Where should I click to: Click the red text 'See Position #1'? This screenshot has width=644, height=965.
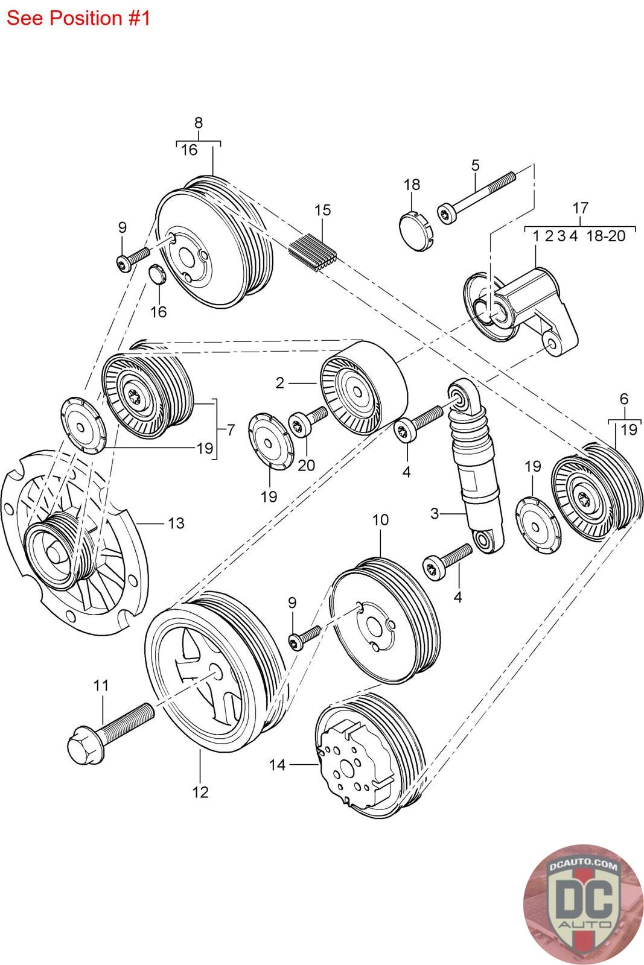coord(78,18)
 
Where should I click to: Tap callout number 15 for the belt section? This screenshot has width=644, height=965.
coord(323,210)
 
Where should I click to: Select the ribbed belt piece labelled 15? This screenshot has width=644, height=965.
coord(314,253)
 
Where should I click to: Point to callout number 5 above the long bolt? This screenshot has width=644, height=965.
coord(475,165)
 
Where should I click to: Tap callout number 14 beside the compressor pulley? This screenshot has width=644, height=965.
coord(277,765)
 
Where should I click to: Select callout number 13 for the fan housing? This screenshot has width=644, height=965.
coord(176,522)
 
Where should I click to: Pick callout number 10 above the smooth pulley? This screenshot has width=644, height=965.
coord(380,520)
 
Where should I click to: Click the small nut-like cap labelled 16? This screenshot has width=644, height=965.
coord(157,275)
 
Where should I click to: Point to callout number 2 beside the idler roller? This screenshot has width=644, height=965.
coord(279,382)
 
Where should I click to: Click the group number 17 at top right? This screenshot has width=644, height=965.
coord(580,208)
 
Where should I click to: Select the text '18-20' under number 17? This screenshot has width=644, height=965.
coord(606,236)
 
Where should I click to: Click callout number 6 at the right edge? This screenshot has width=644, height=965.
coord(623,398)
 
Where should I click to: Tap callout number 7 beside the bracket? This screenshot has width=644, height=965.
coord(231,430)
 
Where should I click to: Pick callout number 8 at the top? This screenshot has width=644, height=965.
coord(199,122)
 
